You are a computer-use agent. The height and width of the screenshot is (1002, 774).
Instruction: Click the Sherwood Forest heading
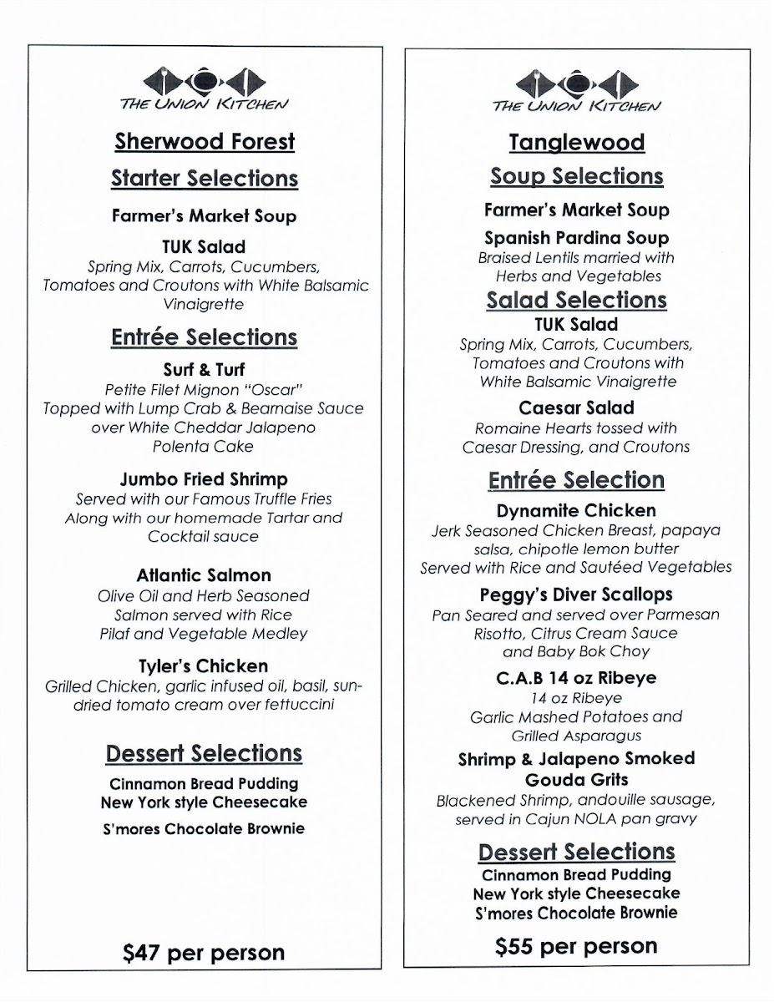[x=205, y=141]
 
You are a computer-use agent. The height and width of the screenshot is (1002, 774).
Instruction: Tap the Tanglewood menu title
[x=576, y=142]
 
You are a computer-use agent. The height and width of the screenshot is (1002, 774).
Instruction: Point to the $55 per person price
[x=576, y=946]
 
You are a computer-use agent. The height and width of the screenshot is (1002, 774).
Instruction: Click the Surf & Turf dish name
[x=205, y=369]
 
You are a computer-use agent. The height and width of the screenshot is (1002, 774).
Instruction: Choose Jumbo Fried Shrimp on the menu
[x=204, y=479]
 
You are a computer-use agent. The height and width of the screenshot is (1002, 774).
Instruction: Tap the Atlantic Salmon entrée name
[x=204, y=575]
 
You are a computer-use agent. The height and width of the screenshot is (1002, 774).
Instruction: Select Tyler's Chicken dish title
[x=204, y=666]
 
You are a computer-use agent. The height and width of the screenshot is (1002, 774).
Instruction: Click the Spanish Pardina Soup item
[x=576, y=238]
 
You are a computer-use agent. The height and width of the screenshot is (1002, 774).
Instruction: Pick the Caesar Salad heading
[x=576, y=408]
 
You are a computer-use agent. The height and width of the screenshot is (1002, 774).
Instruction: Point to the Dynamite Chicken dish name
[x=576, y=510]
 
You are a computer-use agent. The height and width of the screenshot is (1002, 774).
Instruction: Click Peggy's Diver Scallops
[x=576, y=595]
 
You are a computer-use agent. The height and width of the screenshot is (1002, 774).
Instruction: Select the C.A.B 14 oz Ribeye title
[x=576, y=678]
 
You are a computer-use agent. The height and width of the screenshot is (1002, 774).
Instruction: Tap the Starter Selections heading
[x=205, y=179]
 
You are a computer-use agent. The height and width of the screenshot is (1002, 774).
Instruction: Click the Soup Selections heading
[x=576, y=176]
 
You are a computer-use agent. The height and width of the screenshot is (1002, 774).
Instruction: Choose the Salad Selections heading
[x=576, y=300]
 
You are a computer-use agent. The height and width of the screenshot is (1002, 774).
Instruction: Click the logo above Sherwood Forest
[x=205, y=89]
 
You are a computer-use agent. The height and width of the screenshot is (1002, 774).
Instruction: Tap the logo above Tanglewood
[x=576, y=90]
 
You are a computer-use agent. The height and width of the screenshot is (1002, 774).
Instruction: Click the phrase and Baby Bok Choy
[x=576, y=651]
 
